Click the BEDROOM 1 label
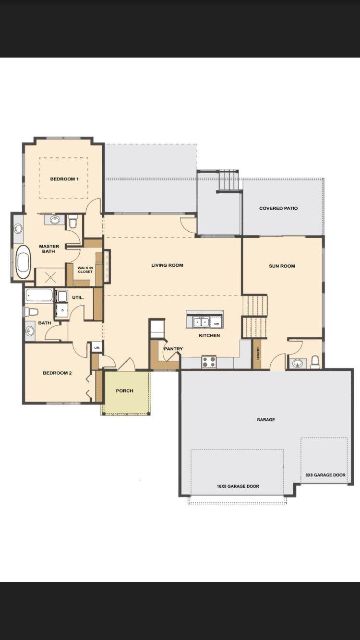coord(64,179)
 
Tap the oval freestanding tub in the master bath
coord(23,262)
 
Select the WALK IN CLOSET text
coord(85,270)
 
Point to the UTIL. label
coord(78,297)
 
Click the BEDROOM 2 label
coord(57,373)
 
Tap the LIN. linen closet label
coord(96,347)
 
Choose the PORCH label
coord(124,391)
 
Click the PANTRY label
coord(173,349)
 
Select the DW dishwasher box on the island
coord(216,324)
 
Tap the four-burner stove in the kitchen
coord(209,362)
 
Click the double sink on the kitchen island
coord(201,322)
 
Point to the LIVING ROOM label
coord(167,265)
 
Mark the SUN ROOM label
coord(282,266)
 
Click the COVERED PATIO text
coord(278,208)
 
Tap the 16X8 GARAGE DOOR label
coord(238,486)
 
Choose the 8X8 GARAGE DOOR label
coord(325,475)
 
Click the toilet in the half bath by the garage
coord(315,362)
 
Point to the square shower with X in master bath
coord(50,277)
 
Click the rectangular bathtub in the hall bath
coord(39,295)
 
